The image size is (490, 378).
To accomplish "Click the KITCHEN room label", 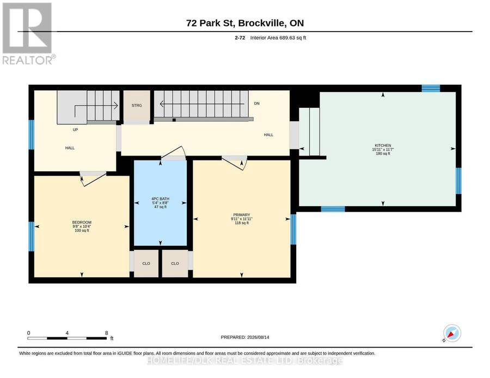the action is [383, 145].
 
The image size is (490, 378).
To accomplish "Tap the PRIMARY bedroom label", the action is [242, 215].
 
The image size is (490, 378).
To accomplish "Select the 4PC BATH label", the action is [160, 199].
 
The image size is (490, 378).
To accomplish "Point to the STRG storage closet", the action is [137, 106].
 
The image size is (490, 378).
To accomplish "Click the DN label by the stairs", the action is [256, 103].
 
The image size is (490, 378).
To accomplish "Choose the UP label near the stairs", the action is [75, 129].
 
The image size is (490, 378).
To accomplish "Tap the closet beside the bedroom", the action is [146, 263].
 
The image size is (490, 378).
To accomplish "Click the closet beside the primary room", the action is [175, 263].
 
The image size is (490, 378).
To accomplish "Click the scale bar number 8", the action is [107, 333].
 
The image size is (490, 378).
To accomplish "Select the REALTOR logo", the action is [28, 33].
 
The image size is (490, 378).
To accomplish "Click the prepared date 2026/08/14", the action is [258, 337].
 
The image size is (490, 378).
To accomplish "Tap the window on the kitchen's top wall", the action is [431, 88].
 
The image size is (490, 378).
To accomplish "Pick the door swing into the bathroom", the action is [174, 153].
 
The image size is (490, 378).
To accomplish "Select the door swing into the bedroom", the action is [93, 179].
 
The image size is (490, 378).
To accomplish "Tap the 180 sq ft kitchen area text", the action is [383, 153].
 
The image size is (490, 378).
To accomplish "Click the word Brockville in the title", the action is [264, 23].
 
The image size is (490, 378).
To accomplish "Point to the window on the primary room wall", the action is [293, 230].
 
